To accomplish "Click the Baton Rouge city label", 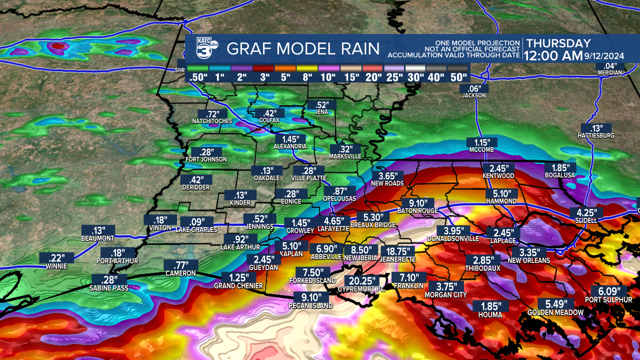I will click(x=417, y=211).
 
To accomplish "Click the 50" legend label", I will click(x=458, y=77).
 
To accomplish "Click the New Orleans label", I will click(x=528, y=260).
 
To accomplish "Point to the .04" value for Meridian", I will click(x=609, y=66).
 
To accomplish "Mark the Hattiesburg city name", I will click(x=596, y=135).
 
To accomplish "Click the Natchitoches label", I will click(x=212, y=121).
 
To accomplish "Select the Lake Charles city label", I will click(x=196, y=229).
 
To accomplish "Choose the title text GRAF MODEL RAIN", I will click(x=302, y=49).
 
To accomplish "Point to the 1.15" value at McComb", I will click(x=482, y=142).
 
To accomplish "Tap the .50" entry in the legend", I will click(x=197, y=77).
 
